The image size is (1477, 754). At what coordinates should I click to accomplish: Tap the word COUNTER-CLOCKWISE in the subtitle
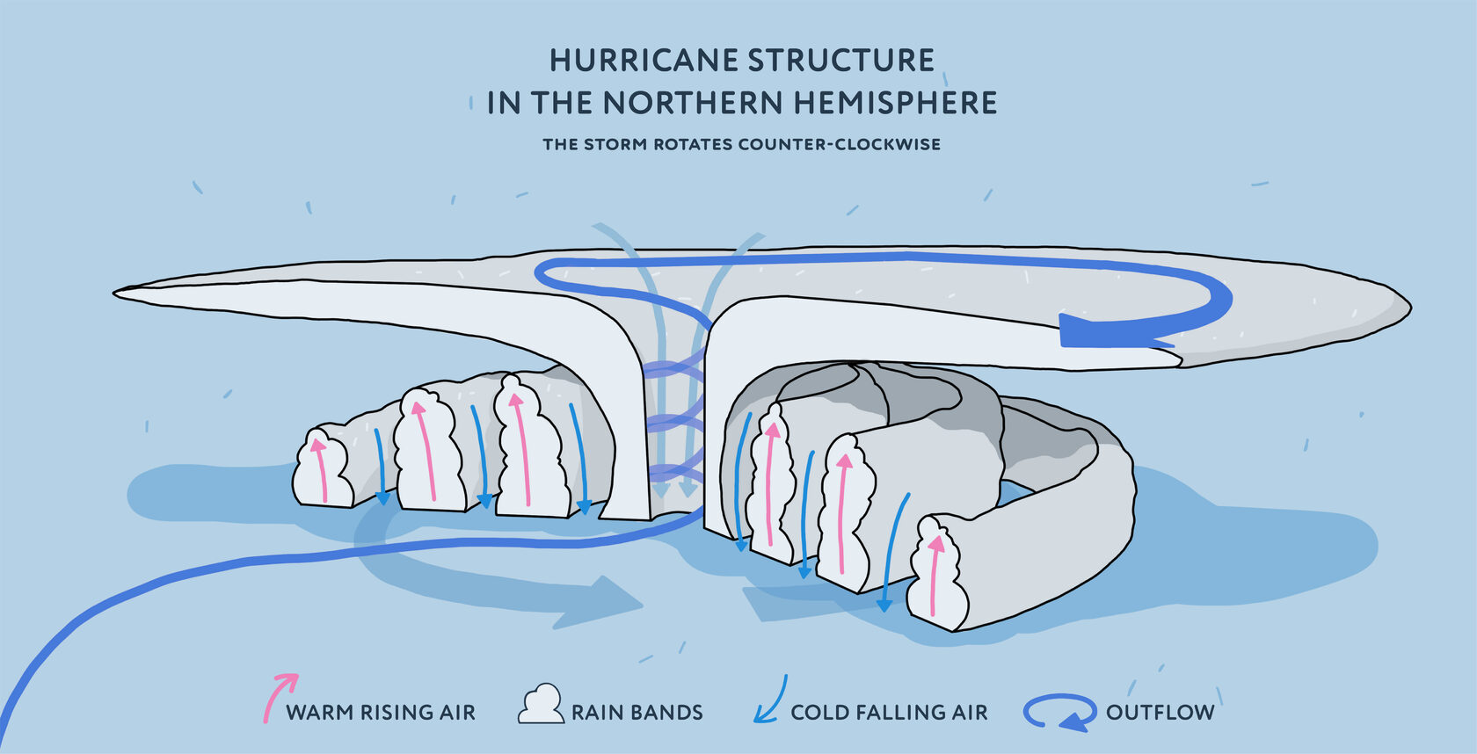coord(839,144)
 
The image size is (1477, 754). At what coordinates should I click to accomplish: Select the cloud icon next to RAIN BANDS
coord(540,705)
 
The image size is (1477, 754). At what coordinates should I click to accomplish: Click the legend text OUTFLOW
coord(1160,712)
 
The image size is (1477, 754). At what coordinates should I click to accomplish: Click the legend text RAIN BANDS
coord(637,713)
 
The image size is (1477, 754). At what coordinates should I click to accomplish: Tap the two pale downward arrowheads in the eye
coord(674,489)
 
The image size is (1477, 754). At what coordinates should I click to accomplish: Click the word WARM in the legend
coord(318,713)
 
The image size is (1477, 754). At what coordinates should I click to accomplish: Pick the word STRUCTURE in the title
coord(840,61)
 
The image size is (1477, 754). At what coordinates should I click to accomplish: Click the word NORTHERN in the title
coord(694,103)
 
